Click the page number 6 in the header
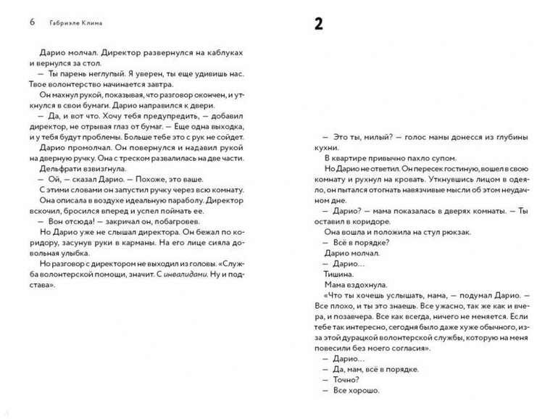33,22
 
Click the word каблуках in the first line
221,54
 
